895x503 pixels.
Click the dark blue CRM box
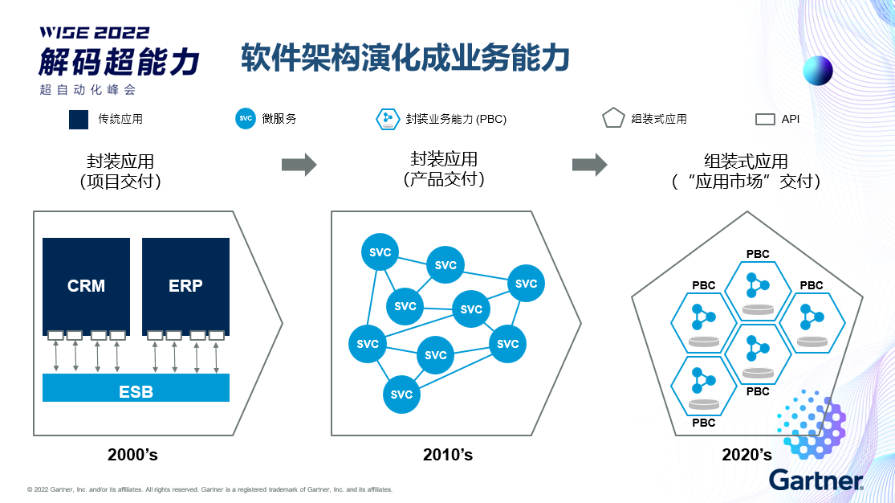coord(86,286)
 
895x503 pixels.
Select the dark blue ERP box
coord(185,286)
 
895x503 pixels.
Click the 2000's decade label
coord(132,455)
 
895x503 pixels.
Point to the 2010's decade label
coord(448,455)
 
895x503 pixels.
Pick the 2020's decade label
coord(747,455)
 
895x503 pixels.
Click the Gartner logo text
coord(816,480)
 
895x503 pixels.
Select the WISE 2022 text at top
coord(96,33)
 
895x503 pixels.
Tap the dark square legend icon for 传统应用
coord(79,119)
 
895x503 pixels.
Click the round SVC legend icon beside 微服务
coord(246,118)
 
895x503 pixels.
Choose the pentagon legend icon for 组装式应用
coord(613,119)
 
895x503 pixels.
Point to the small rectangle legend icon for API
coord(765,120)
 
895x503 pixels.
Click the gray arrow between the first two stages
coord(299,166)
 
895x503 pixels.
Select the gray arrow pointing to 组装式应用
coord(589,165)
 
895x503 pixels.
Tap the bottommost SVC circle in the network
coord(402,394)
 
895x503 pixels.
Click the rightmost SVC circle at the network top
coord(526,283)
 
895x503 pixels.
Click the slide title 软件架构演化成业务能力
coord(405,59)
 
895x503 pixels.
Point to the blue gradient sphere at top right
coord(818,71)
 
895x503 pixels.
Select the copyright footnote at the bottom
coord(210,489)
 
